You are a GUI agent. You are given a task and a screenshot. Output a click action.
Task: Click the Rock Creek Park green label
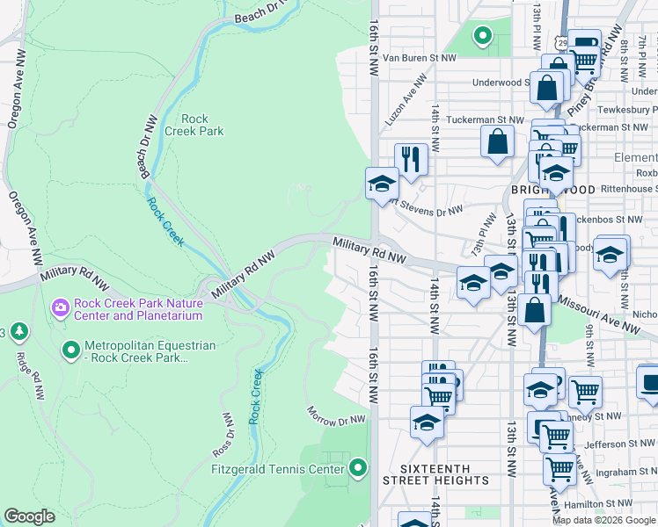tap(201, 125)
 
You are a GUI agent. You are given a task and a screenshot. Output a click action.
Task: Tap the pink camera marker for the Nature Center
tap(61, 307)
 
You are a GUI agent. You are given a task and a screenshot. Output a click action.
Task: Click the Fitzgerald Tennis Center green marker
tap(357, 467)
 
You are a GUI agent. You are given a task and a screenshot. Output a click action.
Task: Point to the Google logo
tap(29, 516)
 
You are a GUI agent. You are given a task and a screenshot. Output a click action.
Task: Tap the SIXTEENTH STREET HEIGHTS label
tap(435, 474)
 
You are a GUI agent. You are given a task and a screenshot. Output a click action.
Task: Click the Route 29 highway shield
tap(562, 43)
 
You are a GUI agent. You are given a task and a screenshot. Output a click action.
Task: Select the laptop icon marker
tap(648, 382)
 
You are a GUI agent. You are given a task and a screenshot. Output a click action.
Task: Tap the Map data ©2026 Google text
tap(603, 520)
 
